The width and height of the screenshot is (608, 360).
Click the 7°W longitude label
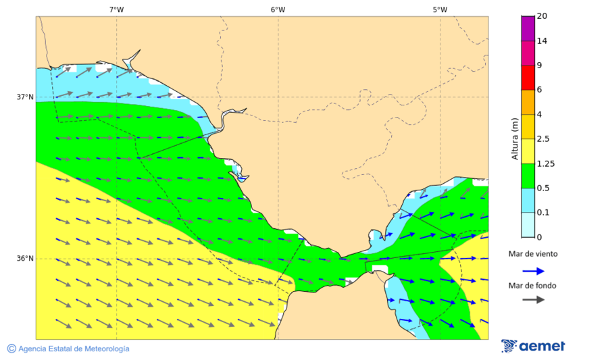(116, 9)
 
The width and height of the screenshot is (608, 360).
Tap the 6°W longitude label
(278, 9)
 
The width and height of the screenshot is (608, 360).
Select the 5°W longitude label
(440, 9)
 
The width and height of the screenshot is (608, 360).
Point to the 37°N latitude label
(25, 97)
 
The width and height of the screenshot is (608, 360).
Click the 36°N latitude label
(25, 258)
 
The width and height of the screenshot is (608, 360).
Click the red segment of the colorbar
(528, 77)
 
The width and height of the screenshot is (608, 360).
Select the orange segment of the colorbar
(528, 101)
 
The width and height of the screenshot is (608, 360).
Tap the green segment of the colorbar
(528, 175)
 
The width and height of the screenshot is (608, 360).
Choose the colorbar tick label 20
(542, 16)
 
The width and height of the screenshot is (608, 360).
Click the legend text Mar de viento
(533, 254)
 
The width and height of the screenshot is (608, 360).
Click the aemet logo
(533, 346)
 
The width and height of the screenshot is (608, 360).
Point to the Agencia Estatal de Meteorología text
(74, 349)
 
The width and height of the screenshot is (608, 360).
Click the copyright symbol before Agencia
(11, 349)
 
